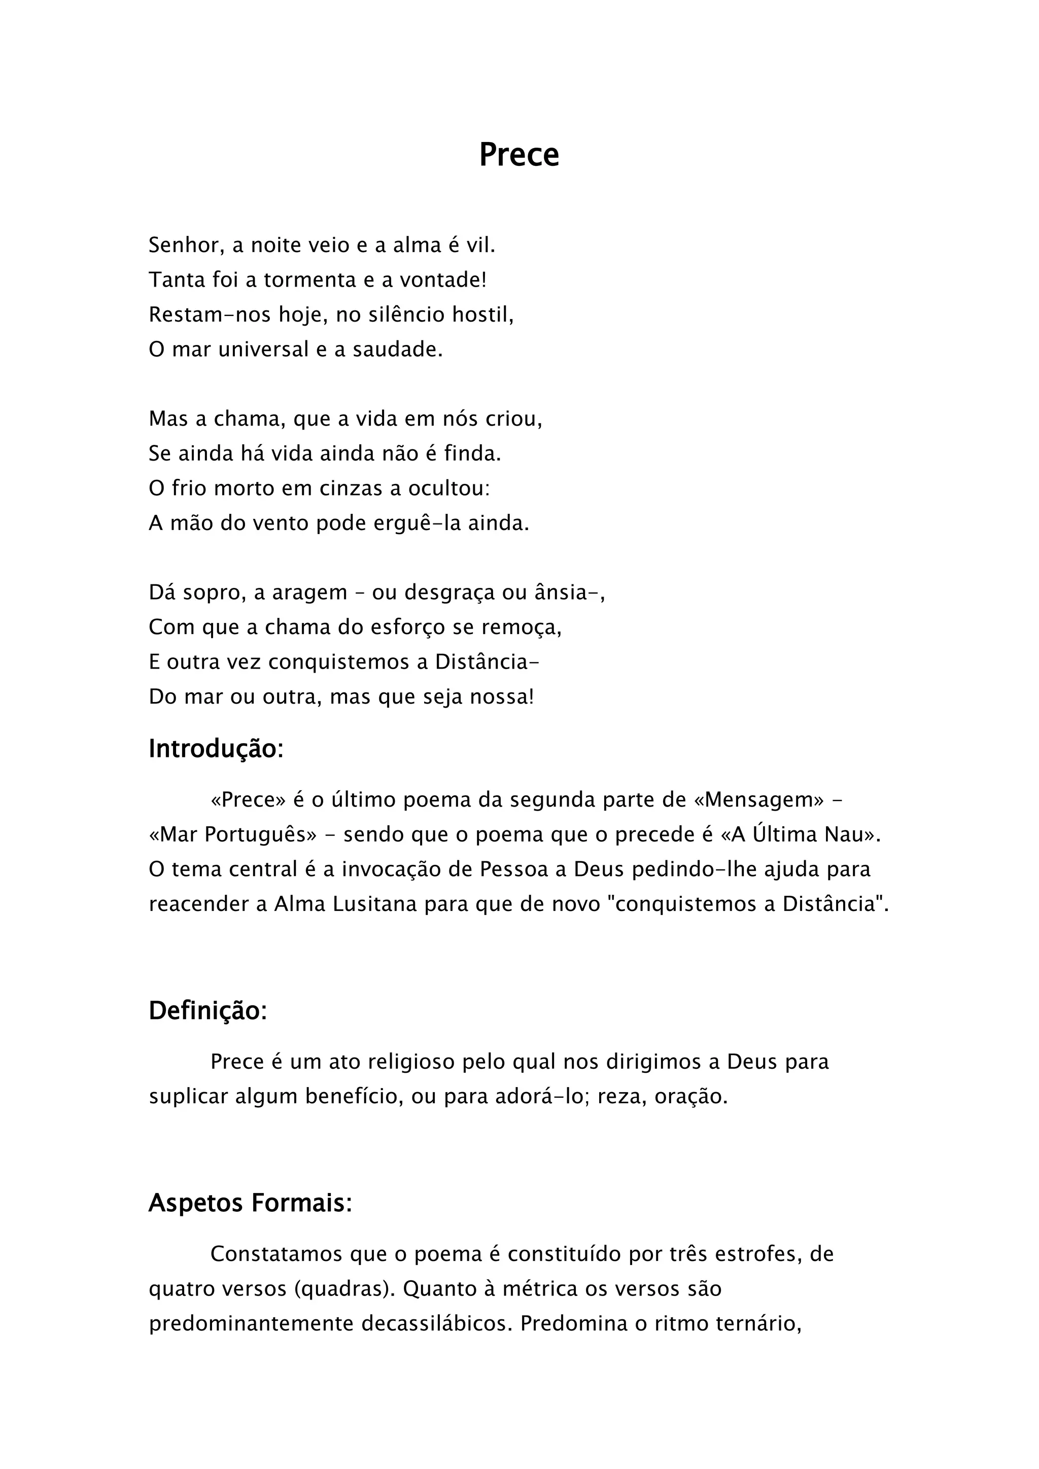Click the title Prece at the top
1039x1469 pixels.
[519, 155]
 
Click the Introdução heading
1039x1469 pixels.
[216, 749]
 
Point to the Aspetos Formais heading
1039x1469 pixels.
[250, 1203]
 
